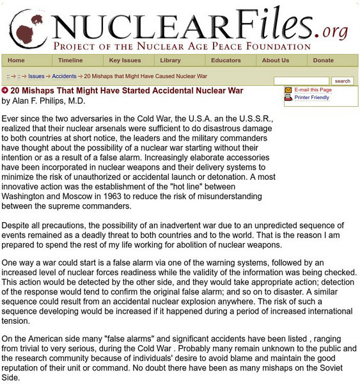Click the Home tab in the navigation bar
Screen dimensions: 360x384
coord(16,60)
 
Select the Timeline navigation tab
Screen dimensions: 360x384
coord(70,60)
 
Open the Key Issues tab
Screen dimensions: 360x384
coord(124,60)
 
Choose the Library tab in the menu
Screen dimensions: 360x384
coord(170,60)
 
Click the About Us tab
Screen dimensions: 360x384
coord(276,60)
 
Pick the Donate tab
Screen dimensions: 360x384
coord(324,60)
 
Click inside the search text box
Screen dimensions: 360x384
coord(301,81)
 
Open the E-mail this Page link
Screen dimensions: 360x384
coord(313,90)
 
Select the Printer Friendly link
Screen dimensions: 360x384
coord(312,98)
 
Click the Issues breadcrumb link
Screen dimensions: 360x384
coord(36,76)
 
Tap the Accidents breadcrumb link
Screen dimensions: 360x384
coord(64,76)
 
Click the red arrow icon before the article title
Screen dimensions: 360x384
coord(5,91)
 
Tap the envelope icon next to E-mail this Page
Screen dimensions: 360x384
coord(288,90)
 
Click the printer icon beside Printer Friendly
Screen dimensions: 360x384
coord(288,98)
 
